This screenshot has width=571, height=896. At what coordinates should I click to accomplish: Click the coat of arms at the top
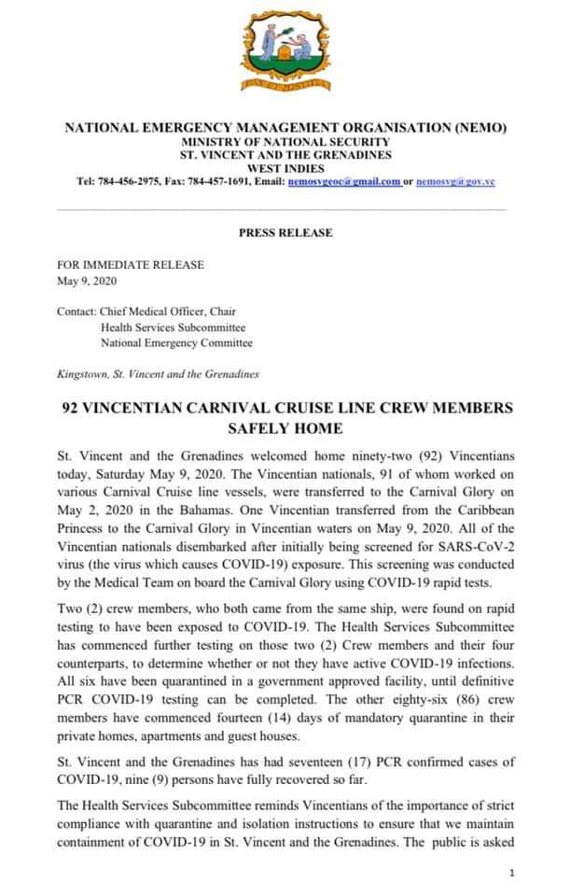[285, 50]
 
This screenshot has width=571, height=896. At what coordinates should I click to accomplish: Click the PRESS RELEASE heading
[285, 232]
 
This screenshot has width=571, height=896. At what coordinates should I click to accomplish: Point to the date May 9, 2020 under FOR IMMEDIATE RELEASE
[88, 280]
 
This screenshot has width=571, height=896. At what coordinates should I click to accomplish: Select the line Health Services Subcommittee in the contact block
[174, 328]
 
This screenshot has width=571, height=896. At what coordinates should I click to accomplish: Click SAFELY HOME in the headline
[285, 429]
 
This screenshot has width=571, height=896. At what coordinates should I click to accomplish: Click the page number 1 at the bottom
[512, 872]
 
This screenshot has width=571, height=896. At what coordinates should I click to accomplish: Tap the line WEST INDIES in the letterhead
[285, 168]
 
